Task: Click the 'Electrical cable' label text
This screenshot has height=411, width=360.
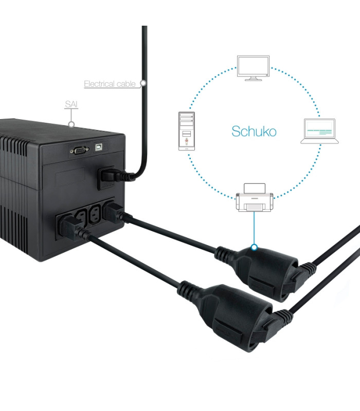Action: coord(110,84)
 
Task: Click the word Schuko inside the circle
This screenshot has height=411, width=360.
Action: coord(254,131)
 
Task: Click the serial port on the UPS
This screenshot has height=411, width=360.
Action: coord(79,150)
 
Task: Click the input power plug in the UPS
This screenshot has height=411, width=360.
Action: coord(111,177)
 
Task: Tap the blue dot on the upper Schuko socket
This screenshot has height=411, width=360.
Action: coord(254,247)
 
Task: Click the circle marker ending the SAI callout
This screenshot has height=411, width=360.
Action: coord(72,124)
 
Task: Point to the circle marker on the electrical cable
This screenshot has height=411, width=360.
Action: coord(143,83)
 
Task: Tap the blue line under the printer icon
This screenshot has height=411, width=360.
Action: coord(254,229)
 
